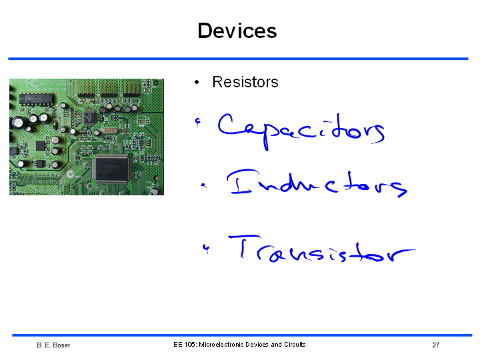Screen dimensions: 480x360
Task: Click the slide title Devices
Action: (237, 31)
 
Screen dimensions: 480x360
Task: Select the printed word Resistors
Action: (245, 82)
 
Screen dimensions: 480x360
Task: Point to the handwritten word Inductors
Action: (317, 183)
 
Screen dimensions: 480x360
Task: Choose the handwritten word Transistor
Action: (321, 249)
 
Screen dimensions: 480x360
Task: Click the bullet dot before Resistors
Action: (197, 82)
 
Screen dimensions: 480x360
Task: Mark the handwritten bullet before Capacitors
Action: (198, 123)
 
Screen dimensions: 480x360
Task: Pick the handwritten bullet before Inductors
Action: (203, 185)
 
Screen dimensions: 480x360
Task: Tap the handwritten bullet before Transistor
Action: (206, 249)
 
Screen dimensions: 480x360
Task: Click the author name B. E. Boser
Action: (53, 345)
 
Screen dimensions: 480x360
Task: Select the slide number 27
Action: (435, 345)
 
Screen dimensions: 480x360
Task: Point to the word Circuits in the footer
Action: (295, 345)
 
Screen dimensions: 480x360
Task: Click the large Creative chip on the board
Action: (111, 169)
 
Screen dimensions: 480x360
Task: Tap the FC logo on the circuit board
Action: (32, 83)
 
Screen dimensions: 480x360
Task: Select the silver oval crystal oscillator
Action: (109, 131)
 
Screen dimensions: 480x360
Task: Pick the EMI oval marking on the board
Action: (45, 182)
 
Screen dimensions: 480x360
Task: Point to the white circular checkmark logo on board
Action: (71, 174)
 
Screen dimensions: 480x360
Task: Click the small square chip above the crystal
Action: (90, 118)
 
